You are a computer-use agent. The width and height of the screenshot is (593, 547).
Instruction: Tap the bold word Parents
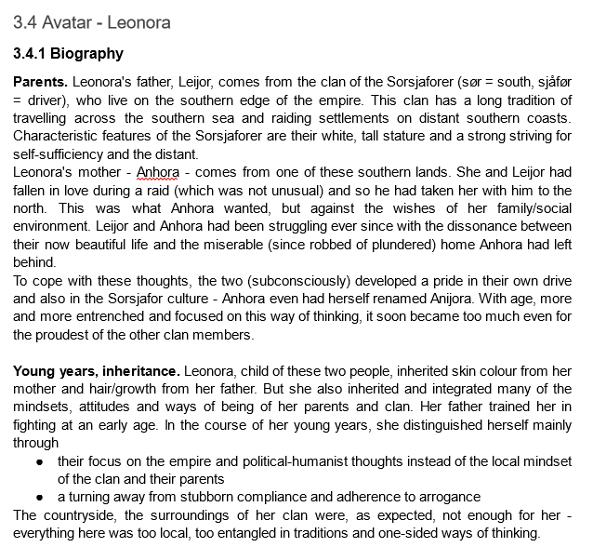point(40,82)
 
